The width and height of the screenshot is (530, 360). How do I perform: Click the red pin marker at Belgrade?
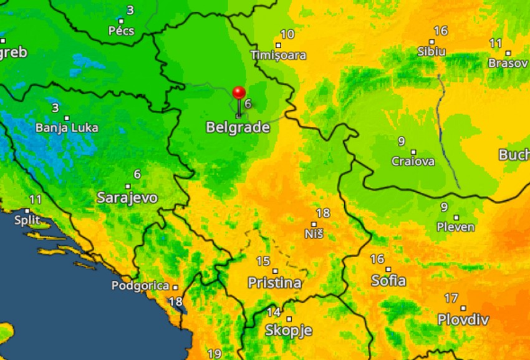[x=239, y=94]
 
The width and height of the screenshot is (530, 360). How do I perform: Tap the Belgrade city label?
[x=238, y=127]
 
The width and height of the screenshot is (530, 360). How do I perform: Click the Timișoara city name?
[x=279, y=55]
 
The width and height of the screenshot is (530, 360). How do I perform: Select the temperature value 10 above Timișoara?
[x=287, y=34]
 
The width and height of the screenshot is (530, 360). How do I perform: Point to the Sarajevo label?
[x=127, y=198]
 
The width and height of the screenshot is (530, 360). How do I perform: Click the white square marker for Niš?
[x=314, y=224]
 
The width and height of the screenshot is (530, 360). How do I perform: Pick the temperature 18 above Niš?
[x=323, y=213]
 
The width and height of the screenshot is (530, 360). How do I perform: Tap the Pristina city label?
[x=274, y=283]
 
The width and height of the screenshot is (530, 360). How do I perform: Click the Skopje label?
[x=288, y=330]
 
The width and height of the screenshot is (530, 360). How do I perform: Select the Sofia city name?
[x=388, y=280]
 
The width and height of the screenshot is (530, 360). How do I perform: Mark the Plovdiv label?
[x=463, y=319]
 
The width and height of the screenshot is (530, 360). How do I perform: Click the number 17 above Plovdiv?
[x=451, y=298]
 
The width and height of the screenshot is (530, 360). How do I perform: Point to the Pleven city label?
[x=456, y=227]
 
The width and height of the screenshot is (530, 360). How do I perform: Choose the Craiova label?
[x=413, y=161]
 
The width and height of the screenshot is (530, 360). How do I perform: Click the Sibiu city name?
[x=431, y=52]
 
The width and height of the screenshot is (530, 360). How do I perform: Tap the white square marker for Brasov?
[x=508, y=53]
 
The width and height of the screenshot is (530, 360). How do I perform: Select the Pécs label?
[x=121, y=31]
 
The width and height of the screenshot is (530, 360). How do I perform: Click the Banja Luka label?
[x=67, y=128]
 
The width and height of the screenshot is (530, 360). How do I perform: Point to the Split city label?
[x=27, y=220]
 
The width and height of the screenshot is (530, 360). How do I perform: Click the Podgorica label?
[x=140, y=286]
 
